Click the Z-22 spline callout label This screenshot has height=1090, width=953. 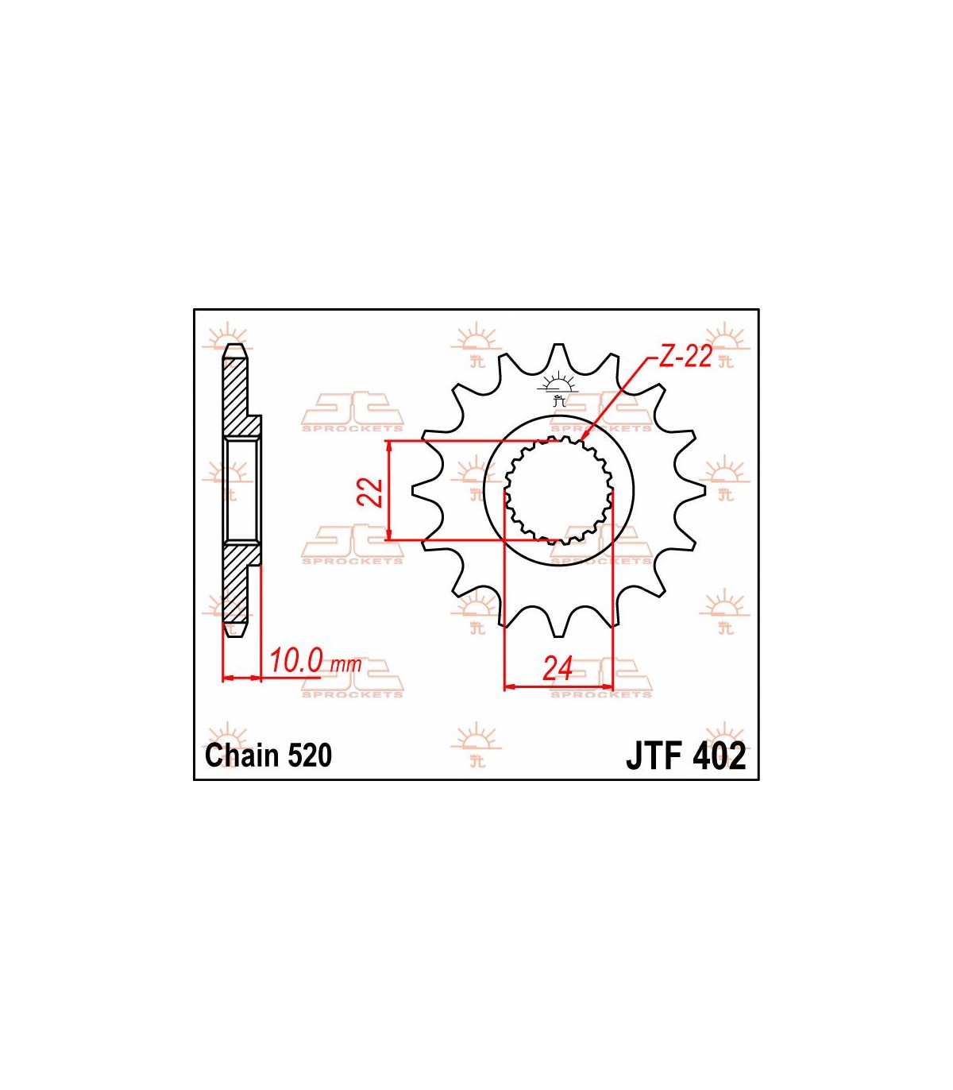[685, 357]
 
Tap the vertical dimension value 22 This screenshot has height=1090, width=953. [371, 493]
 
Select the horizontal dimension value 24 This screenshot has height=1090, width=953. [558, 668]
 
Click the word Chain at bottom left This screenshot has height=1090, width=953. [242, 756]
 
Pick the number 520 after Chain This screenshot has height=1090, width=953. [310, 756]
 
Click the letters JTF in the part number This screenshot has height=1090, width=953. [656, 756]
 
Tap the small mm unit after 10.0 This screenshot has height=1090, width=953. [346, 665]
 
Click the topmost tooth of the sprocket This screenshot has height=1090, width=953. [558, 354]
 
